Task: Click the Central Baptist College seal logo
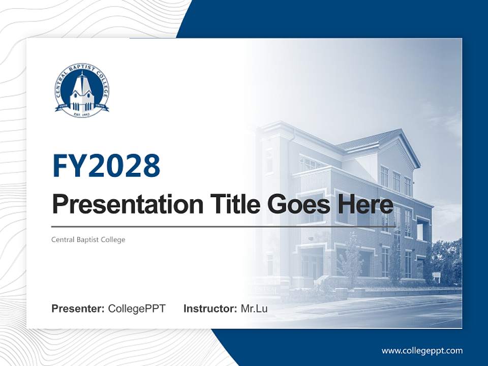[82, 90]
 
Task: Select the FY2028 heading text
[106, 165]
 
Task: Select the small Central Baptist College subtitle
[88, 239]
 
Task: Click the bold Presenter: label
[78, 309]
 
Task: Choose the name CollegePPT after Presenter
[137, 309]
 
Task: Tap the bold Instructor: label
[210, 309]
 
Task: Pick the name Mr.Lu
[254, 309]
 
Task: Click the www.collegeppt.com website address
[422, 351]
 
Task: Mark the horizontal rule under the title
[224, 227]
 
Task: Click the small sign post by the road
[436, 278]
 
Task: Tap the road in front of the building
[386, 313]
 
